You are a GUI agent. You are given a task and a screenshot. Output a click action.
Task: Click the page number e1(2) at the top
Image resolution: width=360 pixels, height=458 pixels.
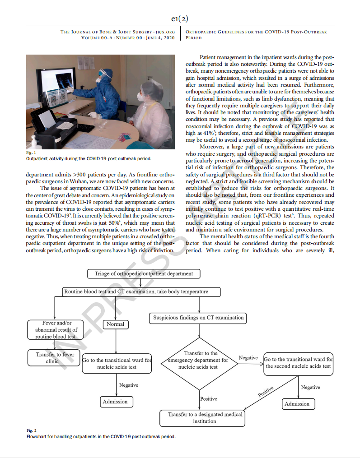coord(180,19)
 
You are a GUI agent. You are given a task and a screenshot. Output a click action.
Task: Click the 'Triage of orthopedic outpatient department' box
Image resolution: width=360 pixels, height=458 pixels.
coord(144,274)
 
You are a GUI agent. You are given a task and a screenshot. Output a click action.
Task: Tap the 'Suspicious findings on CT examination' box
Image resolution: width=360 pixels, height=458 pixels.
coord(198,318)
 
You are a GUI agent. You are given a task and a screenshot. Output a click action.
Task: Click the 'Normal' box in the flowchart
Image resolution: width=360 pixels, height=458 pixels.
coord(116,324)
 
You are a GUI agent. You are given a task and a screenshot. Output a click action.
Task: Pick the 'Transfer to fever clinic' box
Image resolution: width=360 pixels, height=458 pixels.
coord(54,358)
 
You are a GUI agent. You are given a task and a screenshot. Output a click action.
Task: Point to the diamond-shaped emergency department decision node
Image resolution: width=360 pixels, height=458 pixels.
coord(201,361)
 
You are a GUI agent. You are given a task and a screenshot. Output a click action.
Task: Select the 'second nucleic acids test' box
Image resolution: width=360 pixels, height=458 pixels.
coord(298,363)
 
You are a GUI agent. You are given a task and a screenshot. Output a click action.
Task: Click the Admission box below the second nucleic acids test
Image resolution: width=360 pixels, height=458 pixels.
coord(297,404)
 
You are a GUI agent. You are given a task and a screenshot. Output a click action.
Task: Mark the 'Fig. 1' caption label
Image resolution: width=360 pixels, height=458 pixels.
coord(30,153)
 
